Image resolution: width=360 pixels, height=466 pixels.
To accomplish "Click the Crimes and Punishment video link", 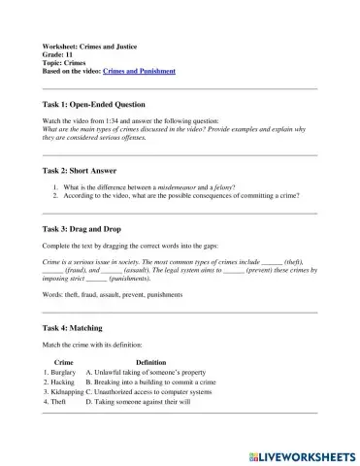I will coord(149,71).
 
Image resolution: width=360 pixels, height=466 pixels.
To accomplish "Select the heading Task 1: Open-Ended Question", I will coord(94,103).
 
